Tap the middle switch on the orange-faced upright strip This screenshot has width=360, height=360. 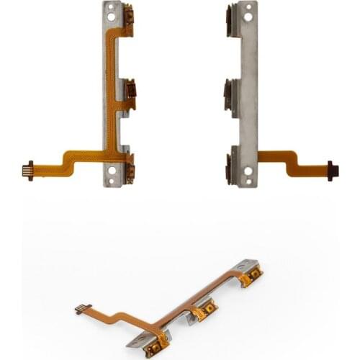(x=131, y=89)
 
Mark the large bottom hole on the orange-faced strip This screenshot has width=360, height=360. (x=112, y=171)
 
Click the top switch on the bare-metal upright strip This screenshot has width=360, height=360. (x=230, y=15)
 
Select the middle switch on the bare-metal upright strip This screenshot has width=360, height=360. (x=230, y=90)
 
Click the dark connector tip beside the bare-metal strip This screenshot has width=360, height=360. (x=333, y=170)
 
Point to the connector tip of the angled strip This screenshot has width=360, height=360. (x=78, y=310)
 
